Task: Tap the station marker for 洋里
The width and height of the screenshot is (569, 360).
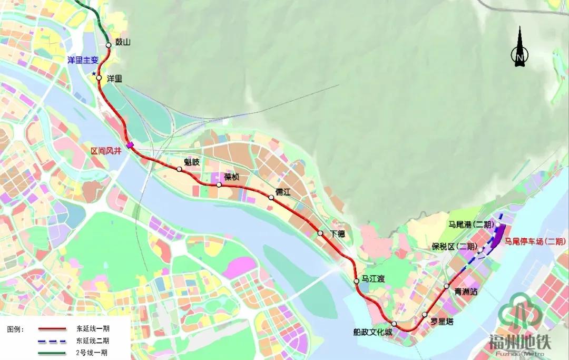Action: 99,78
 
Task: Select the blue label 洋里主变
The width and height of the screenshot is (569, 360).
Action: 83,61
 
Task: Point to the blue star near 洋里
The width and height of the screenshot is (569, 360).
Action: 94,74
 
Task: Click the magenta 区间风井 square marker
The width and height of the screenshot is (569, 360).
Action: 130,146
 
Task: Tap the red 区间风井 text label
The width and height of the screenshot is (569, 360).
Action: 106,151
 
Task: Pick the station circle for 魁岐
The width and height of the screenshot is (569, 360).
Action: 180,169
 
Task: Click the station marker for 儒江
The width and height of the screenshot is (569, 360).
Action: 271,198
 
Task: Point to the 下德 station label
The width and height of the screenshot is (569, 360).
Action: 338,234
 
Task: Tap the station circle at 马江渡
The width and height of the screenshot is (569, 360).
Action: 357,280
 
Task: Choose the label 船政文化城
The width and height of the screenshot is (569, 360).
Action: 373,332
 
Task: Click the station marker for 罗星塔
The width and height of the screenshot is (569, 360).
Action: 425,315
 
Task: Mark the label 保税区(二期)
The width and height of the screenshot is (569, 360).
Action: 454,247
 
